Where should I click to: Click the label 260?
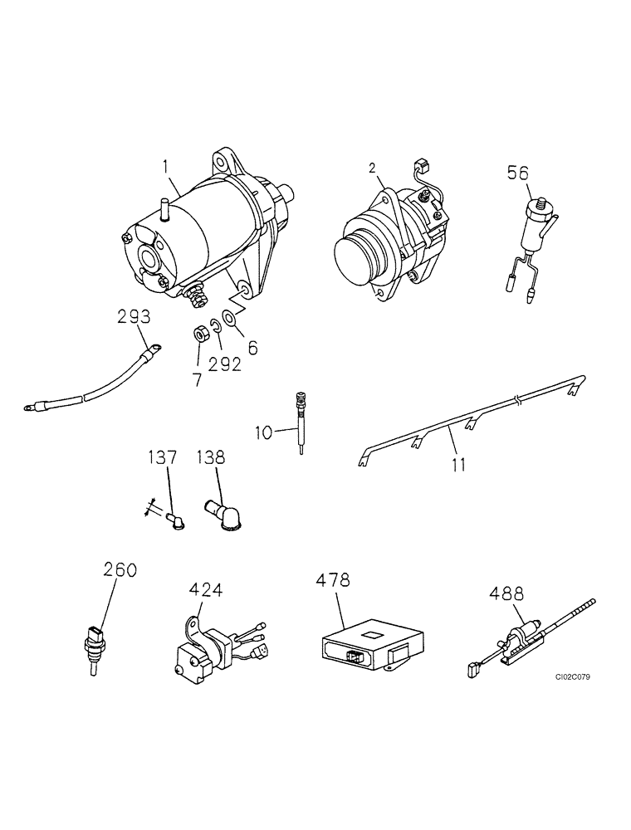click(x=120, y=570)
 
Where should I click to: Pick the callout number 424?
click(x=205, y=590)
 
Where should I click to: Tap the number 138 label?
click(x=210, y=456)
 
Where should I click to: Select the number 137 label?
click(x=163, y=456)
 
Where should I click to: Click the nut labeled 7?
click(x=199, y=334)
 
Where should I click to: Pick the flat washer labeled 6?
click(x=229, y=319)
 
